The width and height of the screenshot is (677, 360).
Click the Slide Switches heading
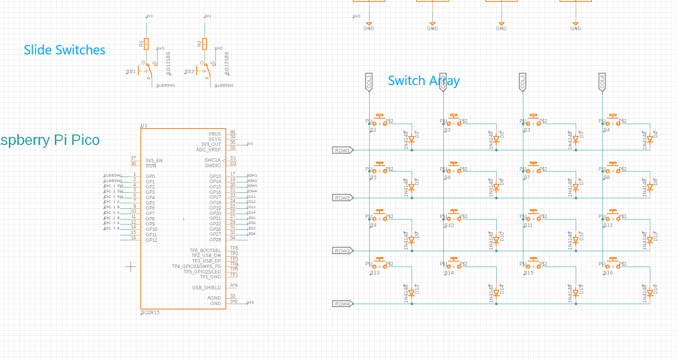64,50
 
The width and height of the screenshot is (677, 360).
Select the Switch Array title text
423,81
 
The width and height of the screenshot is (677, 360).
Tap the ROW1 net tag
342,150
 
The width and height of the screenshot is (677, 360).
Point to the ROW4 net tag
342,304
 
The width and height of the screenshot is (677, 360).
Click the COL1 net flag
369,82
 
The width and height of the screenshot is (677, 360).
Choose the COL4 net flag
602,82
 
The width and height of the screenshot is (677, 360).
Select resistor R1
146,44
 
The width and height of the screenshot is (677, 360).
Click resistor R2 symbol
205,44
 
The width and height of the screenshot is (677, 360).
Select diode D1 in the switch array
411,140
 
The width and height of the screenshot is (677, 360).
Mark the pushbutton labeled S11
533,218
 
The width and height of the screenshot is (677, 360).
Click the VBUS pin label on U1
215,134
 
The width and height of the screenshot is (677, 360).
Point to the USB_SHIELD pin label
207,287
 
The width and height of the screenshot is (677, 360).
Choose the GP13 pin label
215,176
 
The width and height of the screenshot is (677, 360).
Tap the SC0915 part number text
150,313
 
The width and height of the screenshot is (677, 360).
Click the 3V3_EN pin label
154,160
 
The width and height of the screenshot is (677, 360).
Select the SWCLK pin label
213,160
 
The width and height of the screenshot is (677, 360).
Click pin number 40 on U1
233,132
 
